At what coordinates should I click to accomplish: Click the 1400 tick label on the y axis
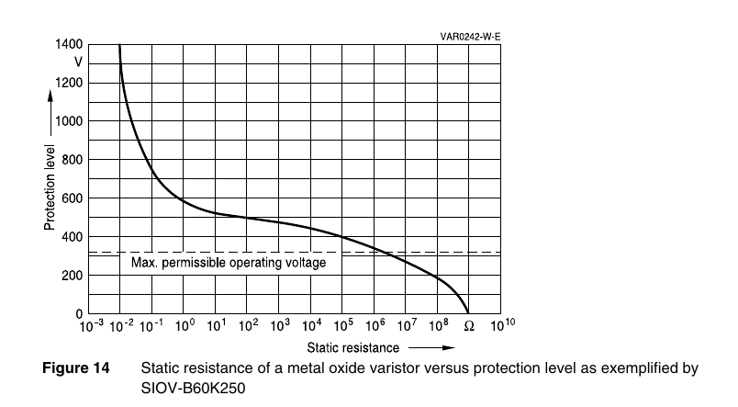tap(69, 44)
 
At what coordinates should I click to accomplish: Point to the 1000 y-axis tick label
tap(69, 121)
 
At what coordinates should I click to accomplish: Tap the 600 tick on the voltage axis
tap(72, 198)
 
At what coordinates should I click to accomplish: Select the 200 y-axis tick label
tap(72, 275)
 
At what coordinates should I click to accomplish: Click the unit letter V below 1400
tap(78, 62)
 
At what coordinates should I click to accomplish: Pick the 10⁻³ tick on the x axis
tap(91, 325)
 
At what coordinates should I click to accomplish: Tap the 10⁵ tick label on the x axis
tap(343, 325)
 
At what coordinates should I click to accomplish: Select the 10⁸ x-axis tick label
tap(439, 325)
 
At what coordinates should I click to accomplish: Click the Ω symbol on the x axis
tap(469, 326)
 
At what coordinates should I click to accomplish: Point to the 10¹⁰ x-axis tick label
tap(503, 325)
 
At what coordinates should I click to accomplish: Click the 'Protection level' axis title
tap(50, 187)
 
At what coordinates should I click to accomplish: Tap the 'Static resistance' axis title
tap(353, 348)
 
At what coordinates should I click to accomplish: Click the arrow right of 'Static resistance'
tap(431, 348)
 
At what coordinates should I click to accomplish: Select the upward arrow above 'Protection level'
tap(50, 113)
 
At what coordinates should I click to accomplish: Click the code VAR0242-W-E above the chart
tap(470, 37)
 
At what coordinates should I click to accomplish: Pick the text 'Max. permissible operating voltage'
tap(229, 263)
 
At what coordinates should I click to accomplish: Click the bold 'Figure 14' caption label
tap(76, 367)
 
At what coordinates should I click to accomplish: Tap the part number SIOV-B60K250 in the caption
tap(193, 388)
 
